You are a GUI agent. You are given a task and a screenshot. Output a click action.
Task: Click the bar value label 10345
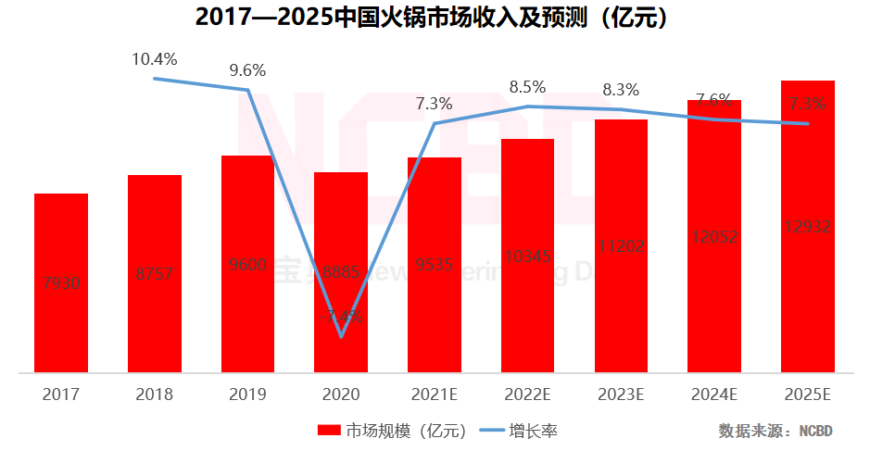coord(527,255)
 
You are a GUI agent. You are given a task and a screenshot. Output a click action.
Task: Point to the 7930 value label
coord(61,283)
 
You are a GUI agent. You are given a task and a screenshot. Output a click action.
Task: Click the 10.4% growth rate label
coord(154,59)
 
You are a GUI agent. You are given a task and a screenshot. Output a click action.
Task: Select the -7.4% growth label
coord(341,316)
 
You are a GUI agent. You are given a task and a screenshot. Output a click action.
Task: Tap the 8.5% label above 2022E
coord(527,88)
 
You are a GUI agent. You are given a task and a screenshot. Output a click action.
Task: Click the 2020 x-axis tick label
coord(341,395)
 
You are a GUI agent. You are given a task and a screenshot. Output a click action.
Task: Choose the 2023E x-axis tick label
coord(621,395)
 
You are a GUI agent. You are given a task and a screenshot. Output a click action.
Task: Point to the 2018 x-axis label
coord(154,395)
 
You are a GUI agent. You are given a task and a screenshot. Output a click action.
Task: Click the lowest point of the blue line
coord(341,336)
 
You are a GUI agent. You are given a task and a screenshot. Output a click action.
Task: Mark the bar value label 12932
coord(808,227)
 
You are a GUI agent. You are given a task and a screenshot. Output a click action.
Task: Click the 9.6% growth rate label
coord(247,69)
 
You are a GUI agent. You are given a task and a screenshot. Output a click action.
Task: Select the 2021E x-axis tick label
coord(434,395)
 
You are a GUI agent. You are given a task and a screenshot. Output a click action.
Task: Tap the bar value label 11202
coord(621,245)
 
